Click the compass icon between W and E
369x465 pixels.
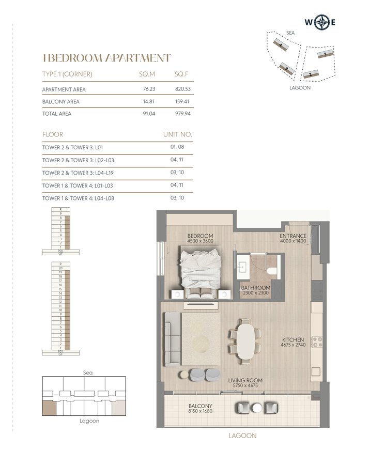point(324,22)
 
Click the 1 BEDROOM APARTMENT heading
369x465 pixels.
point(106,58)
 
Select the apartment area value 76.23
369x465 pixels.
point(149,89)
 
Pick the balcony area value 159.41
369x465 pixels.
point(183,102)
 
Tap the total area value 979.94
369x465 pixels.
point(183,114)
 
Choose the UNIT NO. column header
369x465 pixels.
point(177,134)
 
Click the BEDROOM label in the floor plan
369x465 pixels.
point(200,236)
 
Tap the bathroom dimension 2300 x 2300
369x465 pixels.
point(256,293)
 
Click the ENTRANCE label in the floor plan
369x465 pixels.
point(293,236)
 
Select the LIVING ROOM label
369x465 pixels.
point(245,380)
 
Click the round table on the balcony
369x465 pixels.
point(257,408)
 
